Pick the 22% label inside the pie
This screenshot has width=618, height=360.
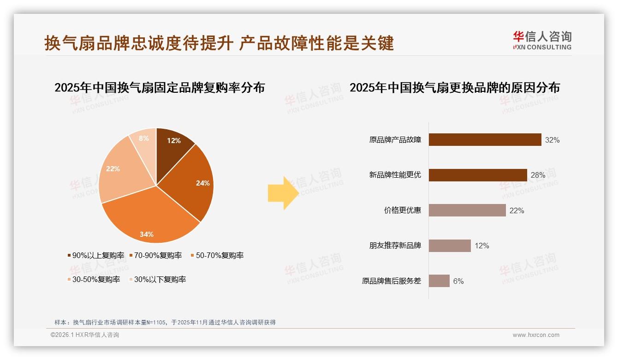(113, 169)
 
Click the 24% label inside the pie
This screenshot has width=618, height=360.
(202, 183)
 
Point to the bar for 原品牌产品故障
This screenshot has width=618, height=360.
(485, 140)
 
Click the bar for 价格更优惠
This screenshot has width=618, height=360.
(467, 210)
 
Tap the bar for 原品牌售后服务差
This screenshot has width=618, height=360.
(439, 281)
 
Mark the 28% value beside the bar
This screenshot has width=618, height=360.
(538, 175)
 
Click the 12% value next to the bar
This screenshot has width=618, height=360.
(482, 246)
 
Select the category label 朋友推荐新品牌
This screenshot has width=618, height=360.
(395, 246)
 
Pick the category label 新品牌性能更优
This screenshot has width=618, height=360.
(395, 175)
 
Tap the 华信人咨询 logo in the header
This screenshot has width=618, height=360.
(542, 41)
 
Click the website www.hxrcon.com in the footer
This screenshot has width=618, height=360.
(536, 335)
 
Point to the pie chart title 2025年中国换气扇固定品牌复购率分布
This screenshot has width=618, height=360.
(160, 88)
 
